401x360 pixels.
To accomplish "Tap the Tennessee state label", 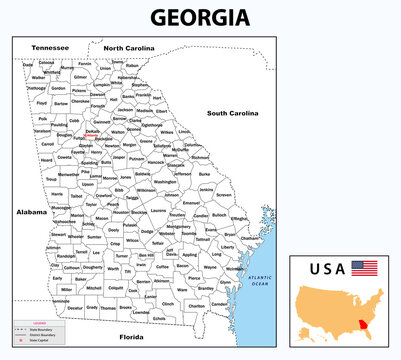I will tap(50, 47).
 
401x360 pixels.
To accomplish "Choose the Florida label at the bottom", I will tap(132, 337).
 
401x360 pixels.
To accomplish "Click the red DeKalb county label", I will tap(92, 131).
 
